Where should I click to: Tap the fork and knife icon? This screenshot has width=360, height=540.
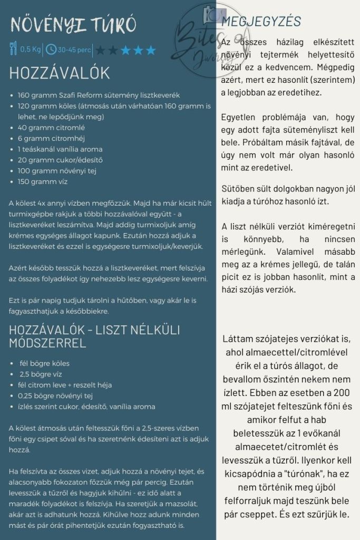click(13, 50)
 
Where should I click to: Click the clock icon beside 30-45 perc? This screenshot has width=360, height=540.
click(51, 50)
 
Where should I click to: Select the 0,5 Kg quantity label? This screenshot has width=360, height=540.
click(31, 50)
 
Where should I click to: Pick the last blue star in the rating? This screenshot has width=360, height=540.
click(151, 51)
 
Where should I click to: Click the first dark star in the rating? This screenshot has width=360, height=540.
click(100, 51)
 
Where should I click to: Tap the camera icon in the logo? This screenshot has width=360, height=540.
click(212, 16)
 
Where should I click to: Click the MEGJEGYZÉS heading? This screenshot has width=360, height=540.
click(261, 22)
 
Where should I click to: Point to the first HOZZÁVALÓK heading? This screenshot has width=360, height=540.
click(59, 73)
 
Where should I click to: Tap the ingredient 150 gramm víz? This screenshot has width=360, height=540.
click(43, 181)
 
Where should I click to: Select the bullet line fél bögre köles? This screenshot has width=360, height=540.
click(44, 363)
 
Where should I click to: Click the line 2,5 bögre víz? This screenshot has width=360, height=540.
click(42, 374)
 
